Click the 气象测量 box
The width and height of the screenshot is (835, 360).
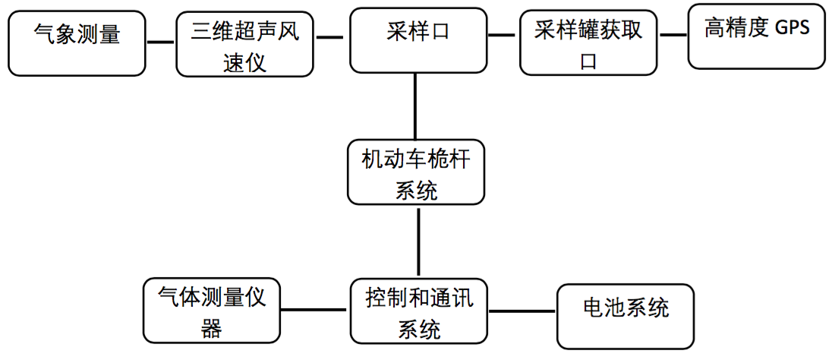coord(77,43)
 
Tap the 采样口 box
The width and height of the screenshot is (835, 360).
coord(417,40)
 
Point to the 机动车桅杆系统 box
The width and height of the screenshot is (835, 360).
coord(417,172)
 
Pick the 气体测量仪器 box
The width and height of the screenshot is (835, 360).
coord(212,310)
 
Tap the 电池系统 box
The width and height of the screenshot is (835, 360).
coord(625,315)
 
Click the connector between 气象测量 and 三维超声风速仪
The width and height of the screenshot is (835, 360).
coord(160,42)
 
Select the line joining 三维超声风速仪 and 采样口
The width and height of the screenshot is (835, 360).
coord(330,36)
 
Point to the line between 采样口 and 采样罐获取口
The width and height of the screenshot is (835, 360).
coord(502,35)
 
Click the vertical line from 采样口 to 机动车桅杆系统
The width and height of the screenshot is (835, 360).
coord(416,106)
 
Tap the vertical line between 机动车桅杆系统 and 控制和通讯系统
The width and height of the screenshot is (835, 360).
coord(418,242)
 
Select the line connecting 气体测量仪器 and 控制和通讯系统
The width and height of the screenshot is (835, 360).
coord(315,310)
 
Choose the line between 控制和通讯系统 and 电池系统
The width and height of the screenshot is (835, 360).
coord(523,311)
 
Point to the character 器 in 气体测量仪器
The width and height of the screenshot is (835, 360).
coord(212,328)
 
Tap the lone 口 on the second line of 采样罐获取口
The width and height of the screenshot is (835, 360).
coord(589,62)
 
